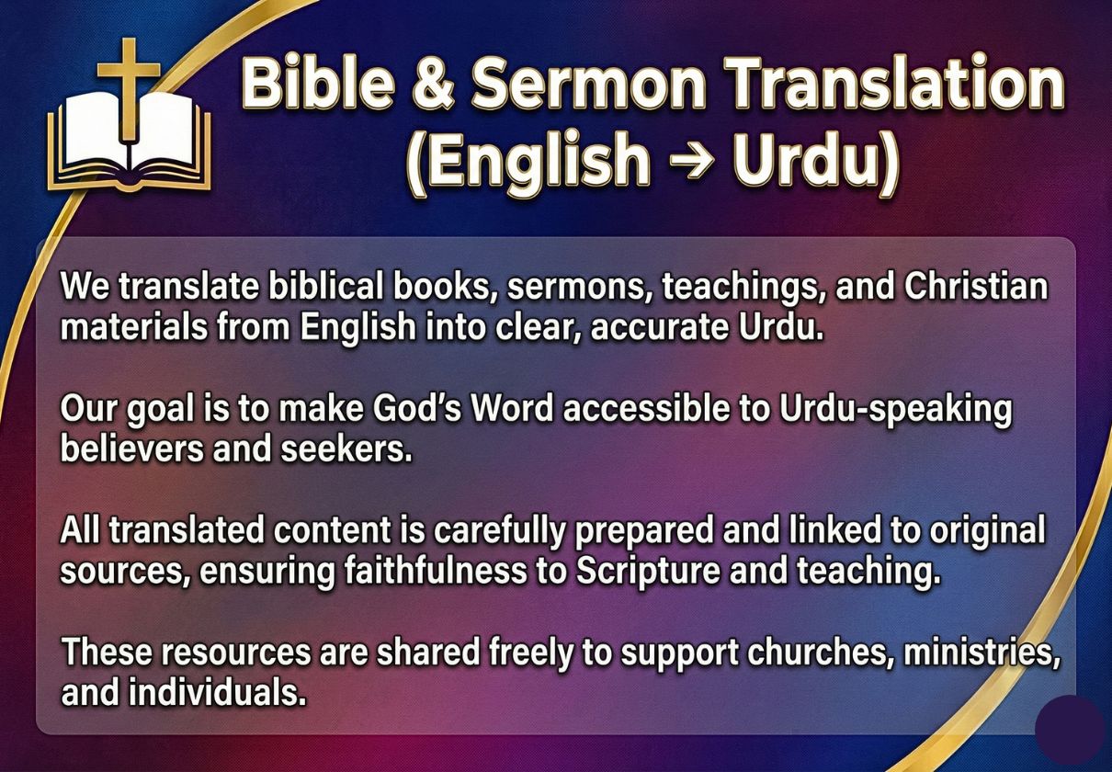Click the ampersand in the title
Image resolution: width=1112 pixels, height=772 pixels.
[x=433, y=82]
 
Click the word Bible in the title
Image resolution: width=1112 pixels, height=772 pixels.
[x=317, y=82]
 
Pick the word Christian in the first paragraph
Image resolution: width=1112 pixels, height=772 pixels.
[x=976, y=287]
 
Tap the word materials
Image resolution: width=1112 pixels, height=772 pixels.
[x=133, y=327]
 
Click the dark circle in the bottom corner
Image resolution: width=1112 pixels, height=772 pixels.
[x=1073, y=729]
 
